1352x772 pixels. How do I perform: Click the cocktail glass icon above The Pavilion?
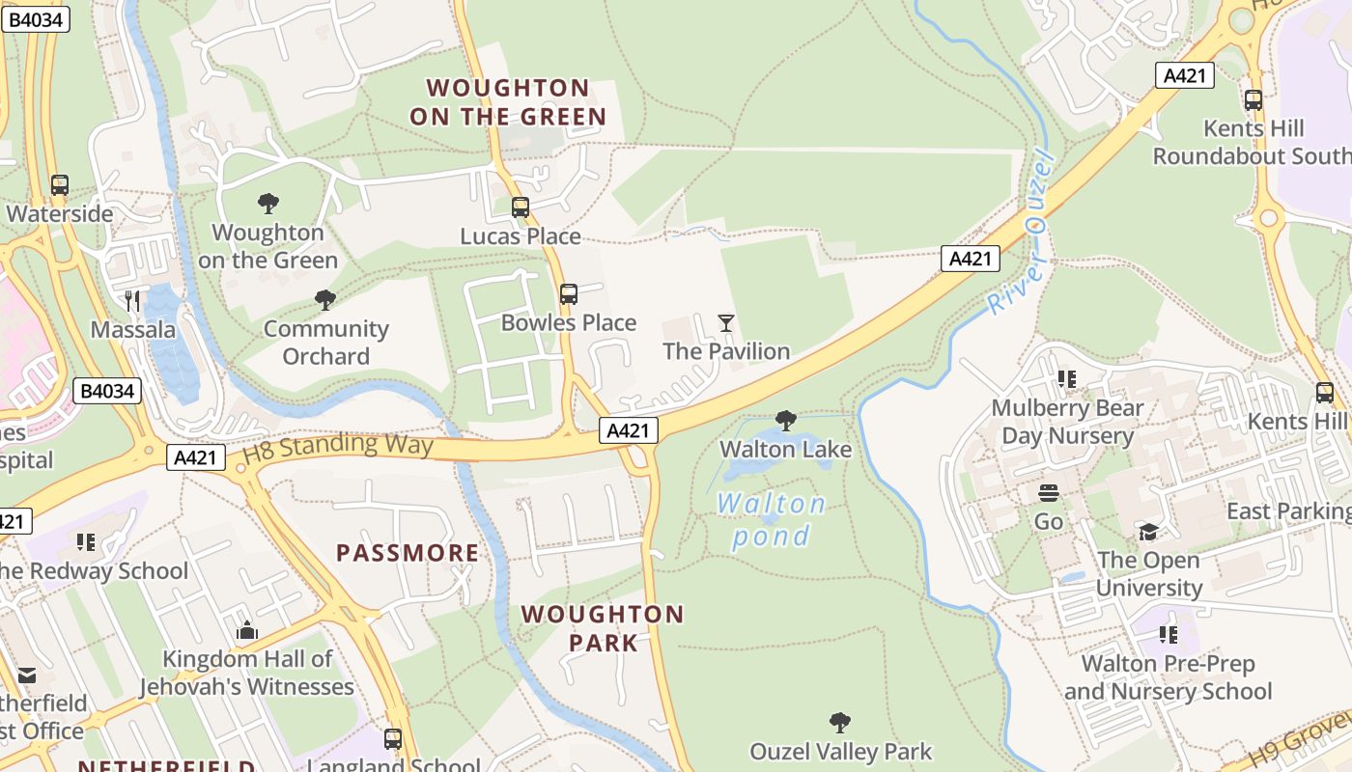(x=726, y=322)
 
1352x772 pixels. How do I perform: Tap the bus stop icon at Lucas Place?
(x=521, y=207)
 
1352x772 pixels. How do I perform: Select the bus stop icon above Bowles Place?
(x=569, y=293)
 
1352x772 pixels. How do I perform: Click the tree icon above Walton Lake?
(x=786, y=420)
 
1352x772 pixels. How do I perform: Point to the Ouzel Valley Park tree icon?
(x=840, y=722)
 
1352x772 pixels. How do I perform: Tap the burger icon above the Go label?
(x=1049, y=493)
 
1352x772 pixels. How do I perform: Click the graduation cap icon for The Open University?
(x=1148, y=532)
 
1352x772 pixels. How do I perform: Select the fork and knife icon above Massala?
(x=133, y=300)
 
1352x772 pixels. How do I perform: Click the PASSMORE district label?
(x=408, y=553)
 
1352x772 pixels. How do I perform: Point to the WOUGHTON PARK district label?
(x=603, y=628)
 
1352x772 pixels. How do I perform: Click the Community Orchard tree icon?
(x=325, y=299)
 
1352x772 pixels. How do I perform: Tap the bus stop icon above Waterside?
(x=60, y=184)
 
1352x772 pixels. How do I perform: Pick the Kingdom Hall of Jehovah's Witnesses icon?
(x=246, y=630)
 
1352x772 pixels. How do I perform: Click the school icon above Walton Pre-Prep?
(x=1169, y=634)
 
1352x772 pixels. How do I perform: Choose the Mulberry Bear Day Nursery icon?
(x=1067, y=379)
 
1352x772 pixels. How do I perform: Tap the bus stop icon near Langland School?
(x=393, y=738)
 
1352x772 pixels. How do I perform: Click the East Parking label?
(x=1288, y=510)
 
